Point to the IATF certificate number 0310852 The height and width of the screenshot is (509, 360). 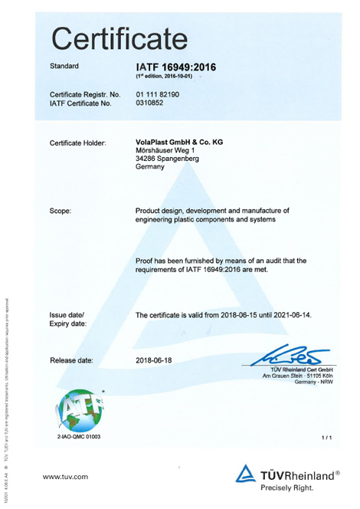(x=150, y=103)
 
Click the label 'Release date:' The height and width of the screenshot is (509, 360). (x=71, y=360)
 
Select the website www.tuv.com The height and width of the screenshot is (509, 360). (x=66, y=477)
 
